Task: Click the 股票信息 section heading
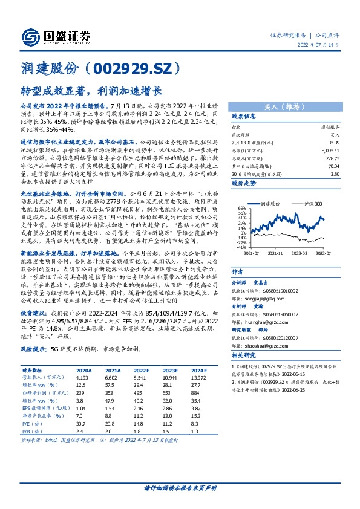(244, 117)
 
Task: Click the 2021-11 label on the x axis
(277, 252)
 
